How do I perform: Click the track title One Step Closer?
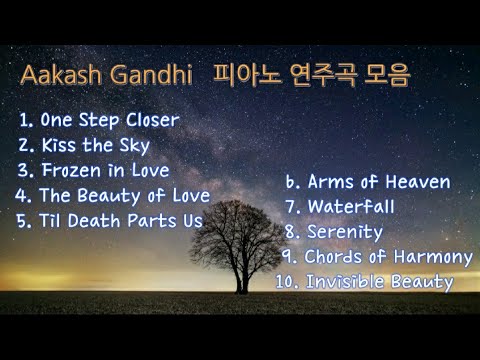[x=109, y=120]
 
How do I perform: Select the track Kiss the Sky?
[x=95, y=145]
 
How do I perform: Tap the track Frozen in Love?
[x=104, y=170]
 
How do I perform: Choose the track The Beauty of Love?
[x=124, y=195]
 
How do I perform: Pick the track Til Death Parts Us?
[x=121, y=220]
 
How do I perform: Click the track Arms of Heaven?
[x=378, y=183]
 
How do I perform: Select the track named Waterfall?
[x=351, y=207]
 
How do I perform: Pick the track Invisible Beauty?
[x=378, y=282]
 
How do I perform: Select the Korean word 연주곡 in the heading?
[x=321, y=77]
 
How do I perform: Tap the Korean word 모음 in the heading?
[x=388, y=77]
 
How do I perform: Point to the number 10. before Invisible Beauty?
[x=287, y=282]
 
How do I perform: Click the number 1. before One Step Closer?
[x=26, y=120]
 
